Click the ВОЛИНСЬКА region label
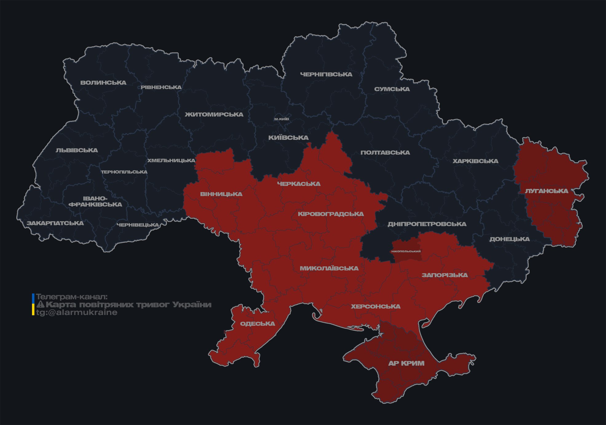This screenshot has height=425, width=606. [x=103, y=83]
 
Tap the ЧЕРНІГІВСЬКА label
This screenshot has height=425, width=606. [x=326, y=74]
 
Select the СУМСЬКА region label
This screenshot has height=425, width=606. [x=392, y=89]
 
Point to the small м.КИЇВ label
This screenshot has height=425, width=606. [x=281, y=119]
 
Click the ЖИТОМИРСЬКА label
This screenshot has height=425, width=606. [x=214, y=115]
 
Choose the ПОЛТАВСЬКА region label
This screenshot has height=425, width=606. [x=385, y=153]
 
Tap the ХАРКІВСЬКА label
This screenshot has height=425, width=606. [x=475, y=161]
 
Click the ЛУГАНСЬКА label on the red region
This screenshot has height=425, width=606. [x=546, y=191]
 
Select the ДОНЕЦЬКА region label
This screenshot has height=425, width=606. [x=509, y=239]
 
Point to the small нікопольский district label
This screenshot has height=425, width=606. [x=406, y=251]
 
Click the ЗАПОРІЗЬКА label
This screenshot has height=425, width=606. [x=445, y=275]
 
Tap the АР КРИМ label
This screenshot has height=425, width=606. [x=406, y=363]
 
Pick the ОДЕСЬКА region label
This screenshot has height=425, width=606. [x=257, y=324]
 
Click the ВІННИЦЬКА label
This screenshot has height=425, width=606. [x=221, y=194]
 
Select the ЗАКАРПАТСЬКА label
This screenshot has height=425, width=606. [x=55, y=223]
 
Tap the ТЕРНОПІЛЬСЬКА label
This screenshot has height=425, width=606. [x=124, y=172]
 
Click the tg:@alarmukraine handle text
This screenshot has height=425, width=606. [x=77, y=313]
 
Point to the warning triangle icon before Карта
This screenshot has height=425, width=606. [x=40, y=305]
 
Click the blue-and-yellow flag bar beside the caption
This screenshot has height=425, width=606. [x=33, y=305]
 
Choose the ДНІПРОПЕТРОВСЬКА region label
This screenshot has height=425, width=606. [x=427, y=224]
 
